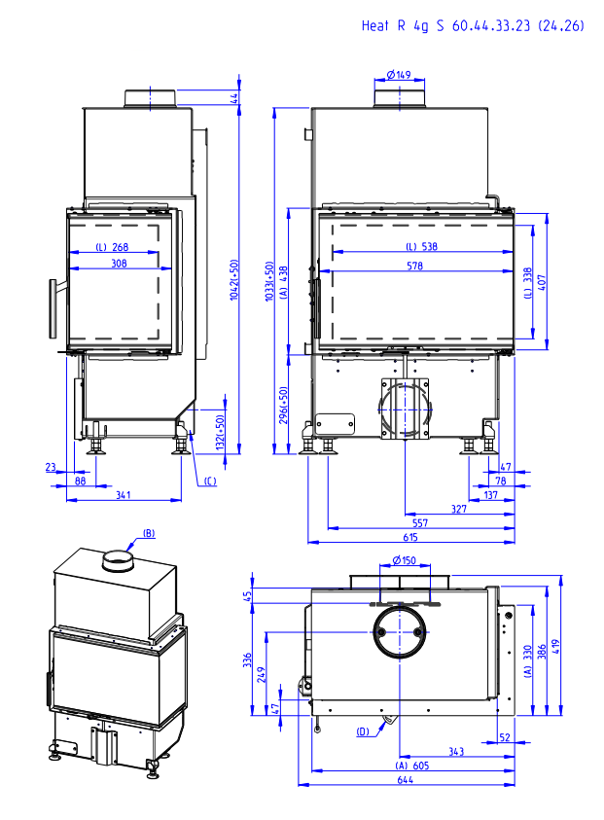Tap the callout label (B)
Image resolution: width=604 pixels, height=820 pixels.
pos(149,532)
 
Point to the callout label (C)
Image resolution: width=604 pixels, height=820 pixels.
pos(210,480)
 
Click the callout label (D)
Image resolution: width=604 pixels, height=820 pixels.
pos(363,731)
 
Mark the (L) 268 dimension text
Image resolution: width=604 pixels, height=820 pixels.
pos(114,247)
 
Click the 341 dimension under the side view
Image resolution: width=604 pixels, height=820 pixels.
pos(124,496)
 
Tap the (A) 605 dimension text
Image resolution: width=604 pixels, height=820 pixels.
pos(413,766)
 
